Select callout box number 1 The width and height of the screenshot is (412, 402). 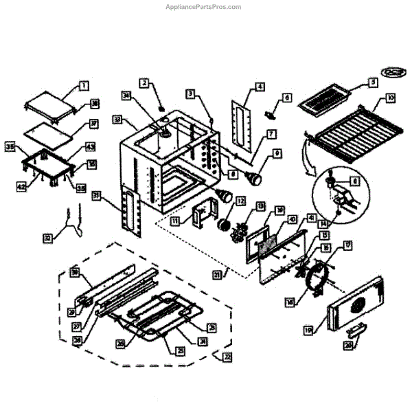(82, 86)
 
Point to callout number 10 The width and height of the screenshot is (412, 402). (391, 98)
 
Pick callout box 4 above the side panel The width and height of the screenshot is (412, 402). (260, 87)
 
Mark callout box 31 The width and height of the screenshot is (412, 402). (97, 197)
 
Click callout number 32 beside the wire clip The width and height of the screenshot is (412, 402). (47, 238)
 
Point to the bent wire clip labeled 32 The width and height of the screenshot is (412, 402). (71, 220)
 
